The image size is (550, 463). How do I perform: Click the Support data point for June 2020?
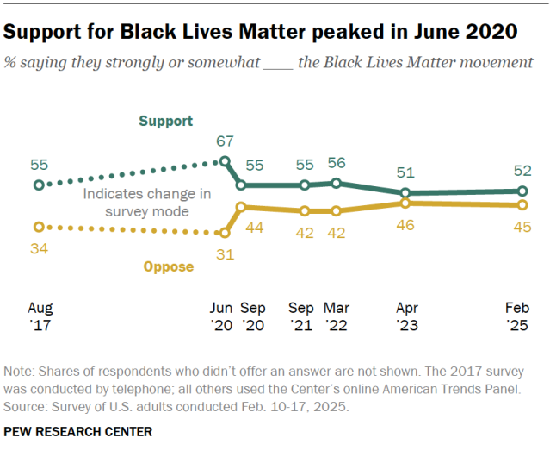pyautogui.click(x=225, y=161)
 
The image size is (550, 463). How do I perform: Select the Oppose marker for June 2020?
pyautogui.click(x=225, y=233)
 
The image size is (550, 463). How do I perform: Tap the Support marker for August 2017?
pyautogui.click(x=39, y=185)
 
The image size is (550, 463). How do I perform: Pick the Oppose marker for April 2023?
pyautogui.click(x=405, y=203)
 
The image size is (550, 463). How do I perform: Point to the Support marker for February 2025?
pyautogui.click(x=522, y=191)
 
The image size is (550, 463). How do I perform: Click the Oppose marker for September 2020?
pyautogui.click(x=241, y=207)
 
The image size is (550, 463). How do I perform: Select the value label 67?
pyautogui.click(x=225, y=141)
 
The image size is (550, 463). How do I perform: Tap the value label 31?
pyautogui.click(x=225, y=254)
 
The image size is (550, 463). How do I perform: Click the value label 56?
pyautogui.click(x=337, y=163)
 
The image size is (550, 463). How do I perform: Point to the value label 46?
pyautogui.click(x=405, y=225)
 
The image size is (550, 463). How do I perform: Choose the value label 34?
pyautogui.click(x=39, y=248)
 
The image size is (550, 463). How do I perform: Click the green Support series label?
pyautogui.click(x=166, y=122)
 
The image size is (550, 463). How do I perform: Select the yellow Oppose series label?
pyautogui.click(x=169, y=267)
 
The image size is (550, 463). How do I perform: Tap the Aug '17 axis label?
pyautogui.click(x=40, y=316)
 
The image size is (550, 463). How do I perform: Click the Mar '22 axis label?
pyautogui.click(x=337, y=316)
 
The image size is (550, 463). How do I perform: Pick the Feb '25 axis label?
pyautogui.click(x=517, y=316)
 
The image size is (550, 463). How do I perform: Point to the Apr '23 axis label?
pyautogui.click(x=407, y=316)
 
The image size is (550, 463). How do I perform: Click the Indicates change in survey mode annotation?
pyautogui.click(x=147, y=203)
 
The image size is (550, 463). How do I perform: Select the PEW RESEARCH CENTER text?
pyautogui.click(x=77, y=432)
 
